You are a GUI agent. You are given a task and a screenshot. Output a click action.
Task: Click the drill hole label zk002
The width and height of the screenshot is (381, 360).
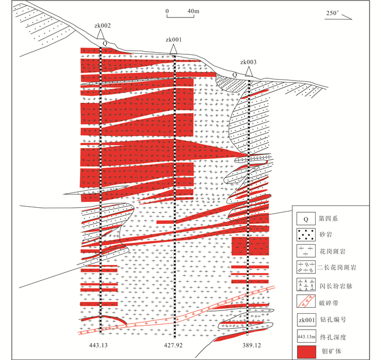click(102, 26)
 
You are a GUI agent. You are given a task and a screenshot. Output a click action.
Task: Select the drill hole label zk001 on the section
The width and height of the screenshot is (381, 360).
click(174, 40)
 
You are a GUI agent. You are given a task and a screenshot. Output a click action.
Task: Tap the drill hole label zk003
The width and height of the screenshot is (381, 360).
click(248, 62)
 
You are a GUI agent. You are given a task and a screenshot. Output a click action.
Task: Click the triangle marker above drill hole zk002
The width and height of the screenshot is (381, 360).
click(100, 34)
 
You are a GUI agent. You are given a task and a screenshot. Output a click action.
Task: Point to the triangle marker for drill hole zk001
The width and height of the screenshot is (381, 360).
click(173, 49)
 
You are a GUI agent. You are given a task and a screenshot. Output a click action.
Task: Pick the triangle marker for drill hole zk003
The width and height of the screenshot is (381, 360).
click(248, 72)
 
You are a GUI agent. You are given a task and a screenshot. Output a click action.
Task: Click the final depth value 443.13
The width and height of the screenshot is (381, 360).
click(98, 345)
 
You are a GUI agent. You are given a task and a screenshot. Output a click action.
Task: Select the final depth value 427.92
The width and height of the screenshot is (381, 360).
click(173, 345)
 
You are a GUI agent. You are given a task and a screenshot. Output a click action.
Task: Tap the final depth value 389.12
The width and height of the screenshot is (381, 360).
click(251, 345)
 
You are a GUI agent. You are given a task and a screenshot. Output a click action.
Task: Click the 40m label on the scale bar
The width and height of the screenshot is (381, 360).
click(193, 11)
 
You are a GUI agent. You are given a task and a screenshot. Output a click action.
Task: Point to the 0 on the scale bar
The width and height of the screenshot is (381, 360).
click(167, 11)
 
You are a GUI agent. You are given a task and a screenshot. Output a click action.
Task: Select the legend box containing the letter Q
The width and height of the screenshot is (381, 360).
click(306, 219)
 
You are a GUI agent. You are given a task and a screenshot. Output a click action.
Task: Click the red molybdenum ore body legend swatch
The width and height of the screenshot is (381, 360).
click(306, 352)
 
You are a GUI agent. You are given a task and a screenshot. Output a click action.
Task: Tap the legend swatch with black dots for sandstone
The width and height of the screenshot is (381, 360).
click(306, 235)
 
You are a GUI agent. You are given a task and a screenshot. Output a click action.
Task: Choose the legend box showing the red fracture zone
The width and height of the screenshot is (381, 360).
click(306, 301)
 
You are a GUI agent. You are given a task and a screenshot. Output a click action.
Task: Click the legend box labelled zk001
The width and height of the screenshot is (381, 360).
click(306, 320)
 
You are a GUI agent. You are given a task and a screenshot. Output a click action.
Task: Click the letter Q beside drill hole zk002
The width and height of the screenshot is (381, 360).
click(105, 44)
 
